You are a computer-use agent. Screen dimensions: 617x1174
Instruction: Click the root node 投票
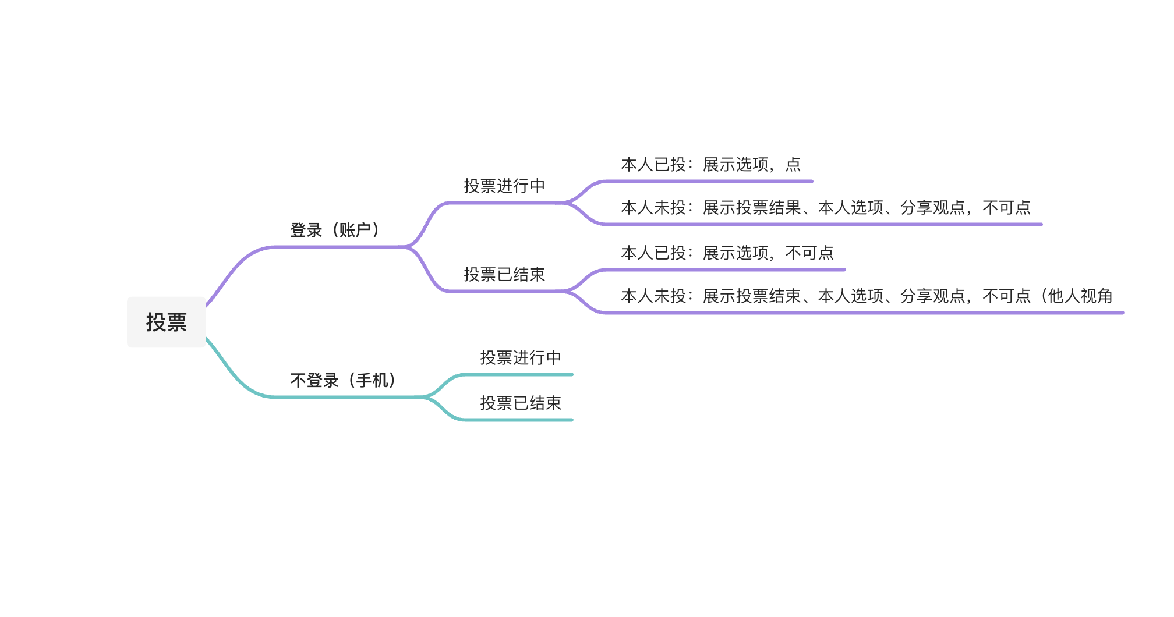167,322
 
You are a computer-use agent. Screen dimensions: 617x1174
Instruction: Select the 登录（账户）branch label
335,231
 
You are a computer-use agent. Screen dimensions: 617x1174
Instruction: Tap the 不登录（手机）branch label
343,381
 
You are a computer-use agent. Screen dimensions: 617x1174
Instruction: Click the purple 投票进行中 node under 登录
504,186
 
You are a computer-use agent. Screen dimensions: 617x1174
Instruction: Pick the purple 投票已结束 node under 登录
504,275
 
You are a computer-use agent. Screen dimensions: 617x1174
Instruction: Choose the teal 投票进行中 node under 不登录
521,358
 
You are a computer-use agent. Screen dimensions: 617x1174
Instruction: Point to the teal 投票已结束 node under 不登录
521,403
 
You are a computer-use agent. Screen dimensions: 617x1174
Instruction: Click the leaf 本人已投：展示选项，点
710,165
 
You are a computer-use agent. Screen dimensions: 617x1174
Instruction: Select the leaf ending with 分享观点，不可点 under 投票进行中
825,208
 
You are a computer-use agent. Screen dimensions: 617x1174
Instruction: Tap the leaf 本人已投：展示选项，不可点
727,253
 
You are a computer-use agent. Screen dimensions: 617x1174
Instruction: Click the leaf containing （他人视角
866,296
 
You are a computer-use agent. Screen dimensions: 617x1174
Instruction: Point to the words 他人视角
1080,296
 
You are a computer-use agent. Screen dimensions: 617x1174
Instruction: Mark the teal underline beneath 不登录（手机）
344,397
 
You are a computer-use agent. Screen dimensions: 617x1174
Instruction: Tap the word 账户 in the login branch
355,231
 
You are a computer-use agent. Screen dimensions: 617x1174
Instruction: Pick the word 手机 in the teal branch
372,381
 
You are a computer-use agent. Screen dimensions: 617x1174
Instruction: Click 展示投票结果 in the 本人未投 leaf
751,208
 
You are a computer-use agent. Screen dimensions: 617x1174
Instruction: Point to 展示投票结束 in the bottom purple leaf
751,296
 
